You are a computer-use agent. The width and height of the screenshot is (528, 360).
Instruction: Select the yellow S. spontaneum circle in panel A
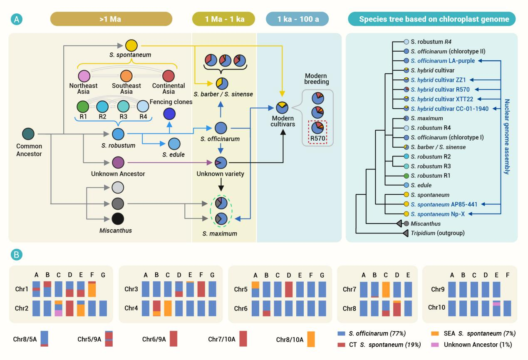[x=131, y=45]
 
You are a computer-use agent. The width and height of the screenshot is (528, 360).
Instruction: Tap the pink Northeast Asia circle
[x=84, y=76]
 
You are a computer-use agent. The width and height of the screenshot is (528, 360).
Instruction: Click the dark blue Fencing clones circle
[x=169, y=113]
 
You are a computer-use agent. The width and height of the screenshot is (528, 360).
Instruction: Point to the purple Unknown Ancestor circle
[x=118, y=162]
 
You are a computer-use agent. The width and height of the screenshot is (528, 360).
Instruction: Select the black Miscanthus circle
[x=118, y=218]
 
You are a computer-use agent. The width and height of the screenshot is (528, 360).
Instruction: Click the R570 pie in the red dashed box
[x=318, y=127]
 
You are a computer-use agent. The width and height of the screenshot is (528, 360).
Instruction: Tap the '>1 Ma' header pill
[x=111, y=19]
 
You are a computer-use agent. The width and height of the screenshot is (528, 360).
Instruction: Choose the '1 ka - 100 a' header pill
[x=297, y=19]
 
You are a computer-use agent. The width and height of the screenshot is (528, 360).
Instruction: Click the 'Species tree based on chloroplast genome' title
[x=431, y=19]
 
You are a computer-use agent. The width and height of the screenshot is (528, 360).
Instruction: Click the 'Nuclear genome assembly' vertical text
[x=507, y=137]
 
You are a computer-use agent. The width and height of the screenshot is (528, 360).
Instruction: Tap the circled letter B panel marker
[x=17, y=253]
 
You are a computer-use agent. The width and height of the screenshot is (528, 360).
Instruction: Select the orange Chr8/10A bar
[x=311, y=339]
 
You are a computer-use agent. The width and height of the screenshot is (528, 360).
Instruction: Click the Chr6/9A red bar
[x=174, y=339]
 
